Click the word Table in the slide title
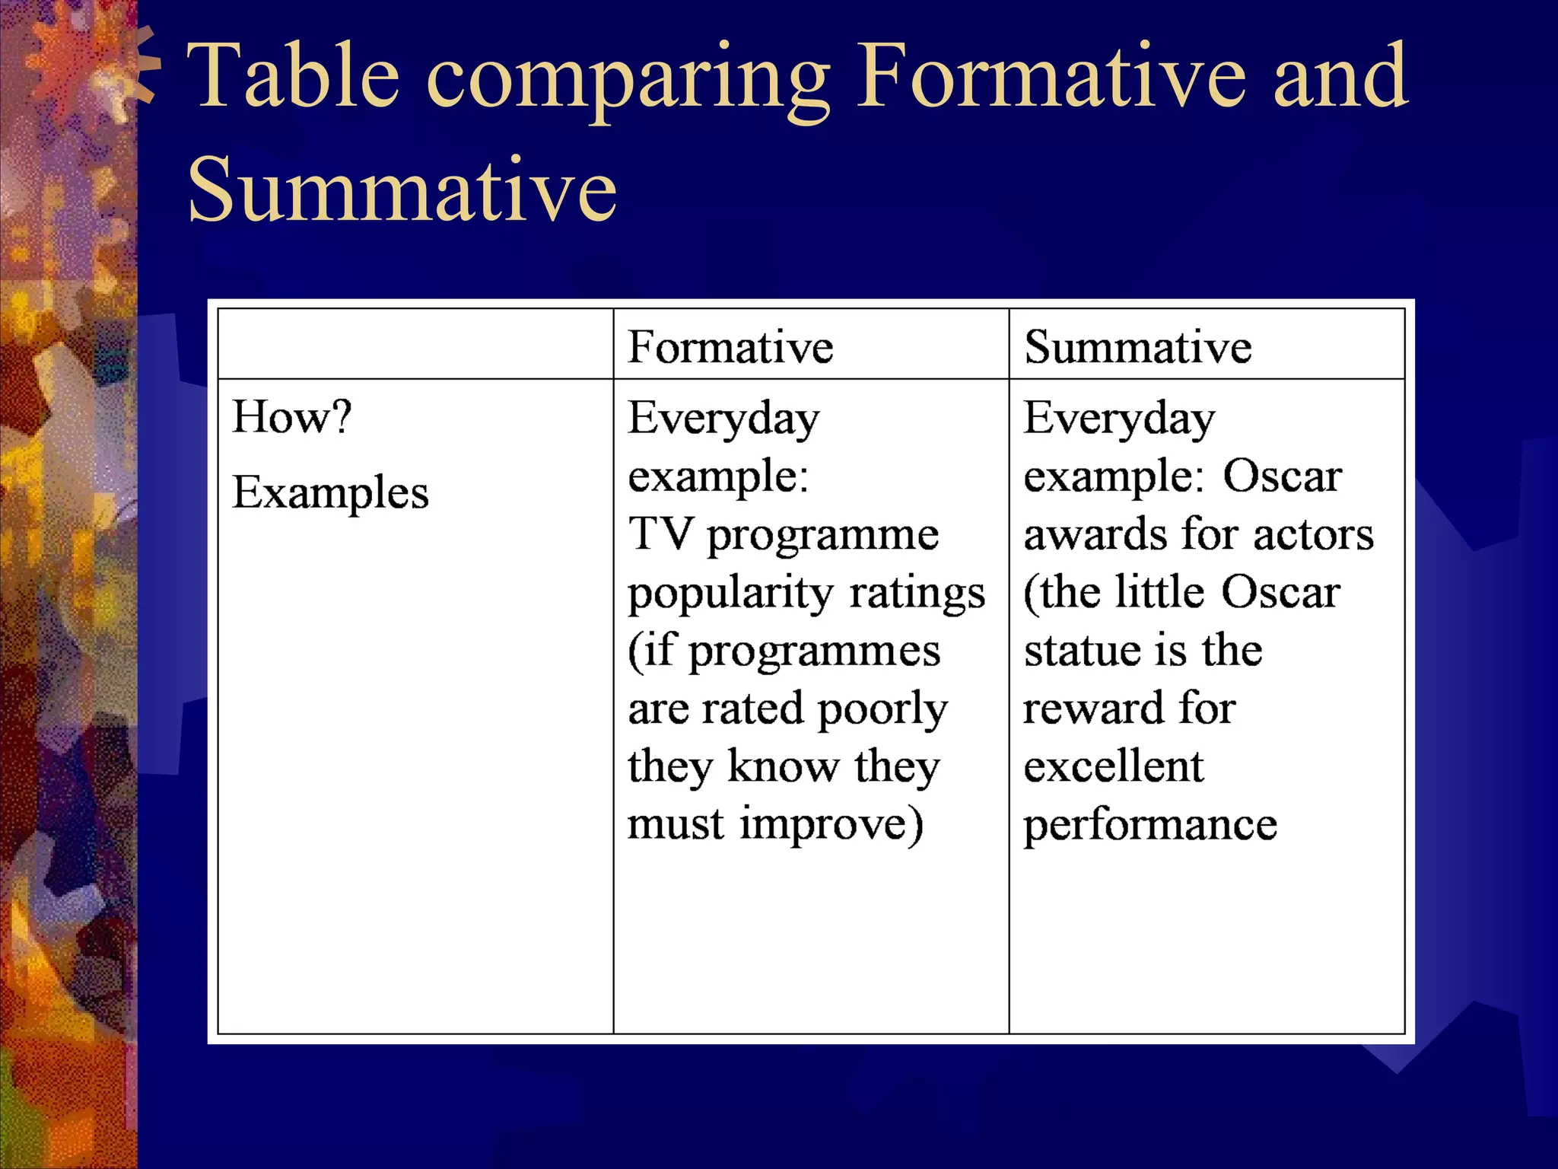pyautogui.click(x=294, y=76)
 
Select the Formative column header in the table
pyautogui.click(x=730, y=347)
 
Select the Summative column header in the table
pyautogui.click(x=1137, y=347)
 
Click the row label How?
pyautogui.click(x=292, y=417)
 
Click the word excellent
pyautogui.click(x=1113, y=766)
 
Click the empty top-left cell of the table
pyautogui.click(x=415, y=344)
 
